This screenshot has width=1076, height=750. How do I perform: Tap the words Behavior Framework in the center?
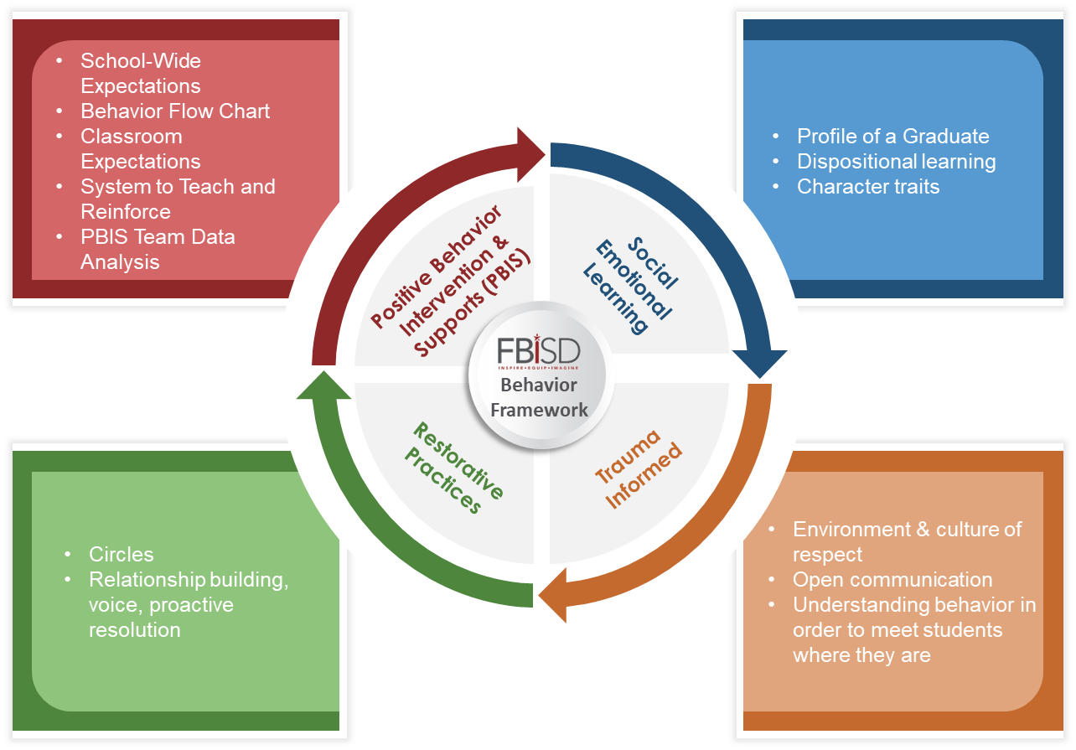coord(539,398)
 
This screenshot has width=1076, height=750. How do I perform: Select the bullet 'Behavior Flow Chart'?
coord(175,111)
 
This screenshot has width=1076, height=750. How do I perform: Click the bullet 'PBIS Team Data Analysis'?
coord(158,249)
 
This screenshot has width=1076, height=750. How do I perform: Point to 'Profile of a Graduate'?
coord(892,137)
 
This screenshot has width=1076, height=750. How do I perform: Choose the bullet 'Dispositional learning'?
coord(896,162)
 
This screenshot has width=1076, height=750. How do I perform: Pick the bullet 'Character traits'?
coord(867,187)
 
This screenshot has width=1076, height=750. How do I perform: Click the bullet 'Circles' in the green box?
coord(122,555)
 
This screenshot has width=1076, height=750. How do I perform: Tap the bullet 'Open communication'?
coord(892,580)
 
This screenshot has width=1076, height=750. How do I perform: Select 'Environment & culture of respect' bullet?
coord(907,541)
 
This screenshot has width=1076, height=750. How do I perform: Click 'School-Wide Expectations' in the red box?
coord(140,74)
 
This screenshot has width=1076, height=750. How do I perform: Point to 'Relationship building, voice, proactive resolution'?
coord(188,604)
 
